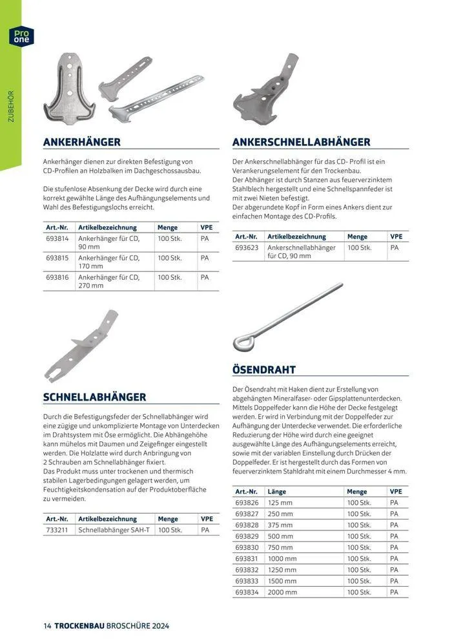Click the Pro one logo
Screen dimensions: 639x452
click(x=20, y=36)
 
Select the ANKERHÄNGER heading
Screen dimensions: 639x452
click(x=81, y=141)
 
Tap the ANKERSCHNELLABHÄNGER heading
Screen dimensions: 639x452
click(x=301, y=141)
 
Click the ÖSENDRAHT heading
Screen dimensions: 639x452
click(x=263, y=370)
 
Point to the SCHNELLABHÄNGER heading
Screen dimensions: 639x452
click(x=94, y=397)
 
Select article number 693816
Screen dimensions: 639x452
click(x=58, y=277)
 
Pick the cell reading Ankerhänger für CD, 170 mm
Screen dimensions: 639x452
click(x=109, y=262)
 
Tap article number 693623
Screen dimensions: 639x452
click(x=247, y=247)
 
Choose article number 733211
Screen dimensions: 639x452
click(x=58, y=530)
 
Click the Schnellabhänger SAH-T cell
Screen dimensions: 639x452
click(x=114, y=530)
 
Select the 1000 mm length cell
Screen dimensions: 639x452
click(x=282, y=558)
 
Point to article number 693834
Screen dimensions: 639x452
click(x=247, y=591)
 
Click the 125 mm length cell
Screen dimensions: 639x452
click(x=280, y=503)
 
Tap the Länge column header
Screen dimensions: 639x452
click(x=277, y=492)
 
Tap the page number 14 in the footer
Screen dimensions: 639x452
click(x=47, y=626)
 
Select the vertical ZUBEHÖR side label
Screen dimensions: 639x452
click(x=10, y=106)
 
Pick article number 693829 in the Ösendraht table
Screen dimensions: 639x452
click(x=247, y=536)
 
